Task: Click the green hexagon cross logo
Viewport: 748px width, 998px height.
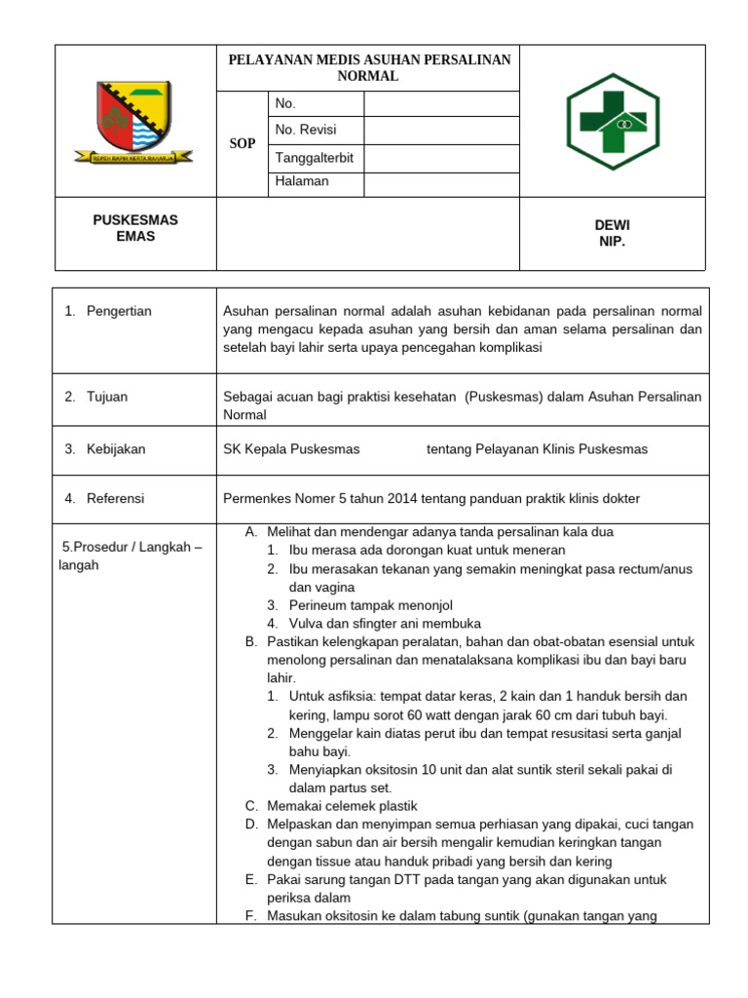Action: pos(614,121)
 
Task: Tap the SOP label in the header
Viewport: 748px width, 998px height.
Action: pos(243,144)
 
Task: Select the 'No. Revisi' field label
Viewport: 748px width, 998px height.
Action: pos(306,130)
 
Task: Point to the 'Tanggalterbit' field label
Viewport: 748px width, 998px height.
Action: pos(315,158)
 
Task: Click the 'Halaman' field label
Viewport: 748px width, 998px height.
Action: pos(302,181)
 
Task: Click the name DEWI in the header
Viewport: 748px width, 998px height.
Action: pos(613,225)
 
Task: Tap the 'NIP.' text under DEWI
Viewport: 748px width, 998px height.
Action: pos(613,241)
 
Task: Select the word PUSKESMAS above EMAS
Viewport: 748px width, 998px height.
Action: pos(135,220)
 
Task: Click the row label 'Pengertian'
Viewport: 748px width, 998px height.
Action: pos(119,311)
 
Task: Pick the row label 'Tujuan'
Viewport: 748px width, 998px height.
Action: pos(107,397)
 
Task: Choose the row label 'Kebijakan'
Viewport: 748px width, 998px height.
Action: pos(116,449)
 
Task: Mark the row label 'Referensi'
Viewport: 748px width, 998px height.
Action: pos(115,498)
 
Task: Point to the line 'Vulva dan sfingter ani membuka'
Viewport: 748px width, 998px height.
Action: pos(385,624)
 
